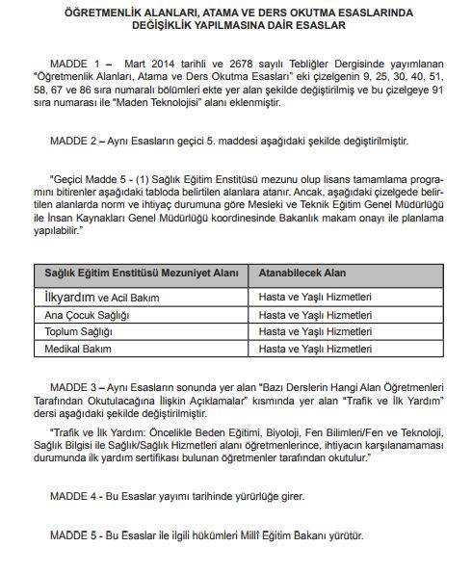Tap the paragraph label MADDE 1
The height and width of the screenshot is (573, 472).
[74, 59]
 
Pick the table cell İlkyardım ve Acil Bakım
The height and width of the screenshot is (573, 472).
[102, 298]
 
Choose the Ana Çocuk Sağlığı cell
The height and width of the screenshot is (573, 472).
[88, 315]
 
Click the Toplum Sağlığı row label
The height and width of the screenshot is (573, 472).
[81, 331]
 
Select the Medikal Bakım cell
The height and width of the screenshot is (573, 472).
[78, 348]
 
